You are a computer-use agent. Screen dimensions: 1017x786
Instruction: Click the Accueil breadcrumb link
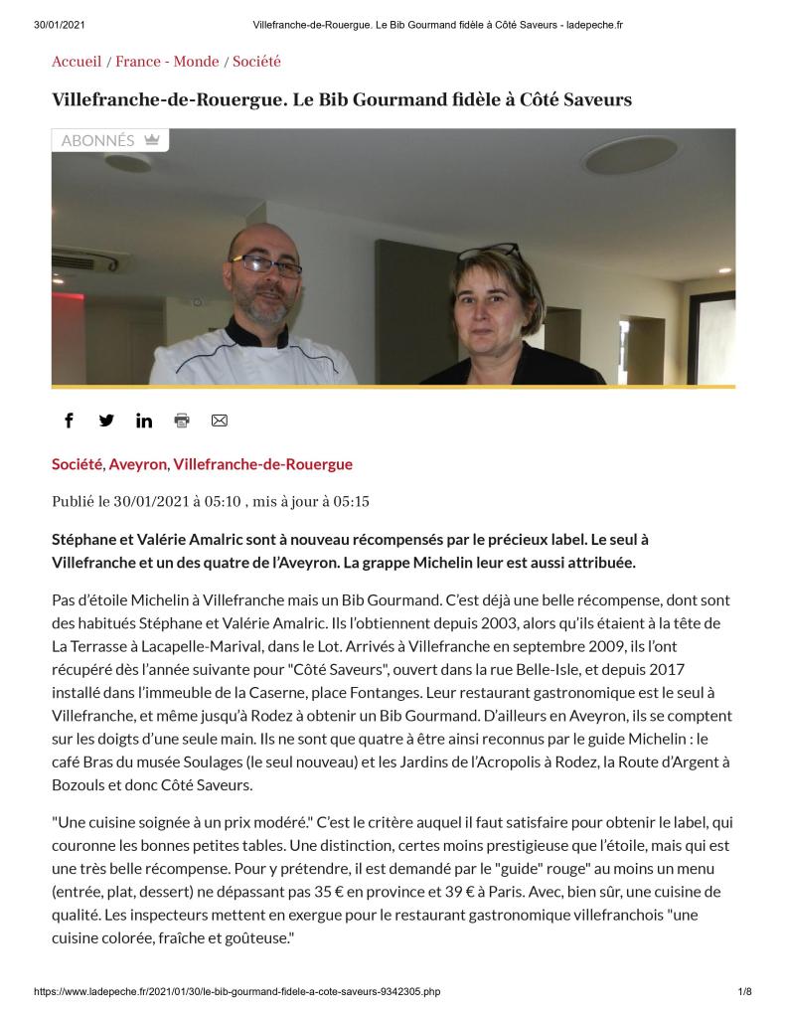77,62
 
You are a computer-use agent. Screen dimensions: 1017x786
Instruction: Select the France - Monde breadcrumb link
167,62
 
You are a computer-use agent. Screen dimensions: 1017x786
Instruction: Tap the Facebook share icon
69,421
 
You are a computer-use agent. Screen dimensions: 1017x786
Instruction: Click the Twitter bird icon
106,421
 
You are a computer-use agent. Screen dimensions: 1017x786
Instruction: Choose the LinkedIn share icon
144,421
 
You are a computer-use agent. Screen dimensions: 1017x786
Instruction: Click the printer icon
182,421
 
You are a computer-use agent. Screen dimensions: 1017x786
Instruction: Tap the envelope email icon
220,421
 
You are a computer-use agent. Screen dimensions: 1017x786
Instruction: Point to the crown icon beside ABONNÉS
151,140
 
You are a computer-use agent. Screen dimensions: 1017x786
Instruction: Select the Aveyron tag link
138,464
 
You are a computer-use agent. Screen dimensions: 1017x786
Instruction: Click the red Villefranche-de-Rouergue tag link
262,464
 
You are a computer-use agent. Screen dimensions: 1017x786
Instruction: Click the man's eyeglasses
265,265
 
